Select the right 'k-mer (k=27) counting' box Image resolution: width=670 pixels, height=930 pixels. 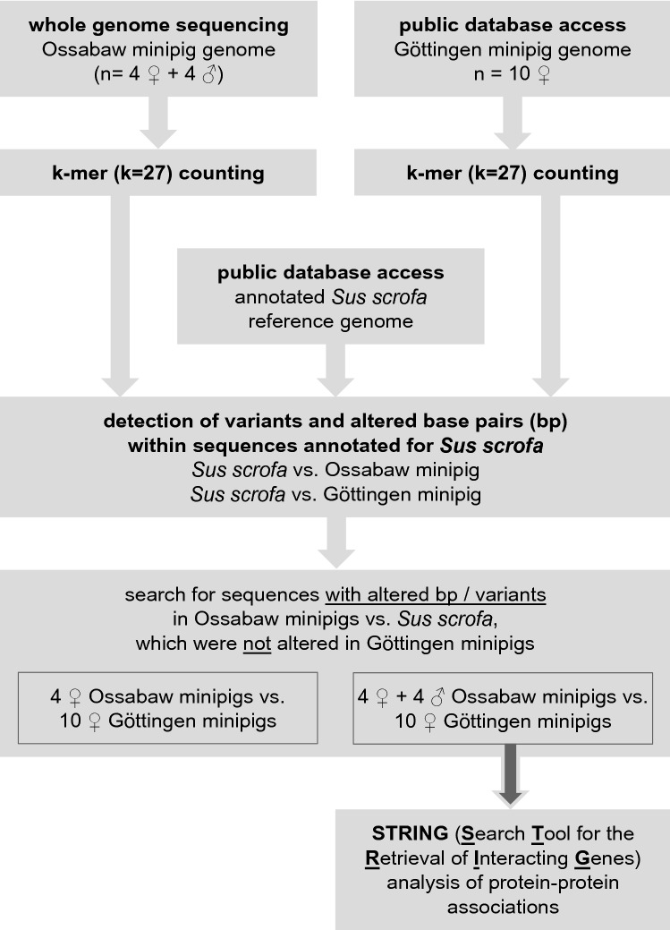512,173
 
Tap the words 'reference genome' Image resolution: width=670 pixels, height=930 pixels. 331,321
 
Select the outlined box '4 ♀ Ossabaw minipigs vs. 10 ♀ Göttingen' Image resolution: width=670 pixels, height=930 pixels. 168,707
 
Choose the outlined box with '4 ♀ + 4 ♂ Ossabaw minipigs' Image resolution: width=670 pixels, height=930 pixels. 503,707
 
